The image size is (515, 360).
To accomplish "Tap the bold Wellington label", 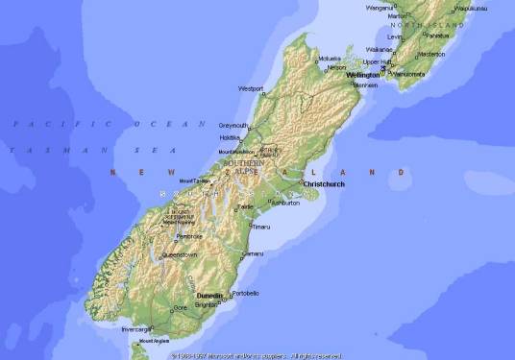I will point(363,74).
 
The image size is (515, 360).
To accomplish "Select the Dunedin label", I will point(209,296).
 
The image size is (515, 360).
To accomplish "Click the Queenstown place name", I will point(180,255).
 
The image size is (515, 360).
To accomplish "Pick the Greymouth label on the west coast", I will point(233,126).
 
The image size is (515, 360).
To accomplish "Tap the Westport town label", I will point(251,88).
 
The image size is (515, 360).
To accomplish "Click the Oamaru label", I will point(253,253).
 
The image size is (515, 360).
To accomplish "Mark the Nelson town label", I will point(336,67).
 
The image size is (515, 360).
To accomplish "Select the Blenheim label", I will point(365,85).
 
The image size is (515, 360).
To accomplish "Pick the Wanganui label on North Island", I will point(380,8).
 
